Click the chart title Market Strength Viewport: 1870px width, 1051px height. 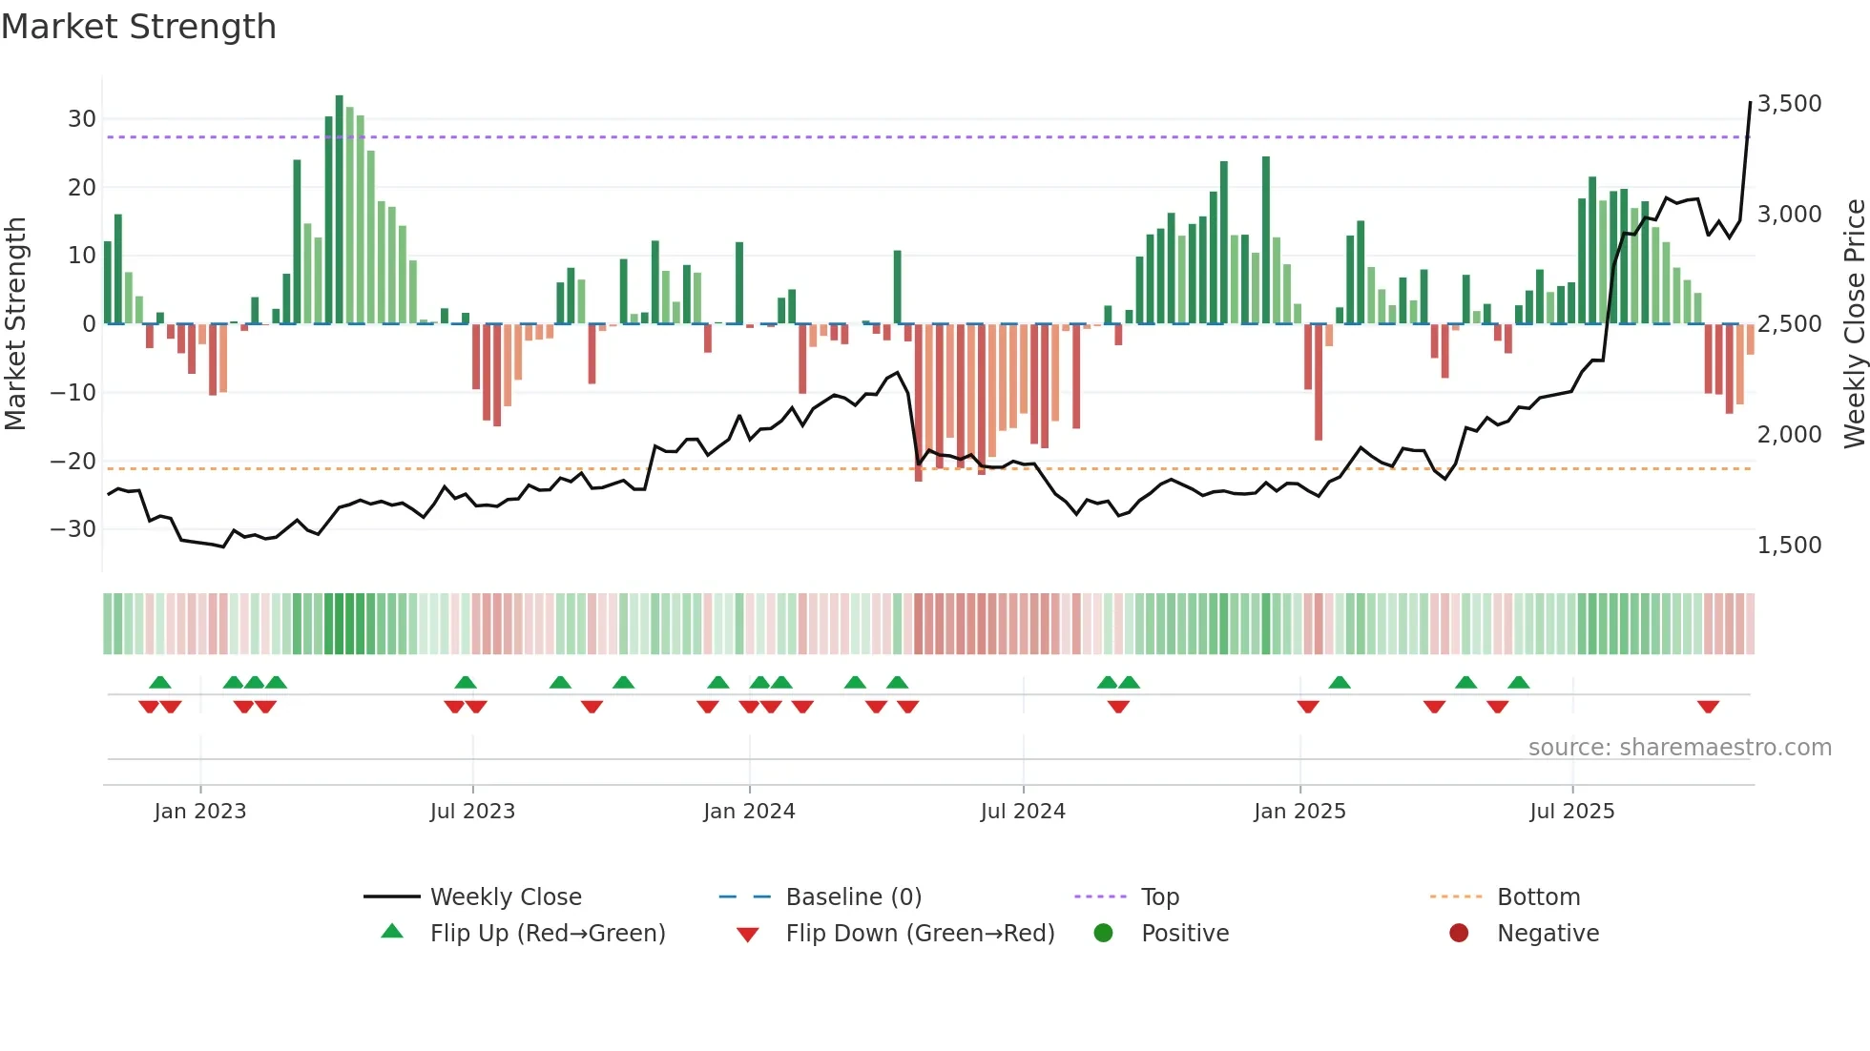point(138,27)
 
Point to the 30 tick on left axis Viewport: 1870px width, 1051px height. point(82,119)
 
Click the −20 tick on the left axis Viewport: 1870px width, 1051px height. point(73,462)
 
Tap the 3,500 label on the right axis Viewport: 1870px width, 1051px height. point(1789,104)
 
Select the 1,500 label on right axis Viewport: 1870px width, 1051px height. point(1789,546)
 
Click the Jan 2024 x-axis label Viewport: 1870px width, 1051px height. point(749,812)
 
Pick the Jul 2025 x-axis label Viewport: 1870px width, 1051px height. point(1571,812)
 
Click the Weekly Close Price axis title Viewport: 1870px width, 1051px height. point(1854,324)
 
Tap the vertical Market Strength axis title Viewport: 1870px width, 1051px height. point(16,324)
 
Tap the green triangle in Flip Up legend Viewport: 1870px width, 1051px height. point(392,932)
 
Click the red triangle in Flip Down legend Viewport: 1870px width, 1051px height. point(748,935)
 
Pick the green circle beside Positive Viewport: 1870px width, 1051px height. point(1103,934)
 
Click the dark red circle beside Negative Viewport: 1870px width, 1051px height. point(1459,934)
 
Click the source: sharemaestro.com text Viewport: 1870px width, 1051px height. point(1679,748)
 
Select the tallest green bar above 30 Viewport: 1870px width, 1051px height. point(340,210)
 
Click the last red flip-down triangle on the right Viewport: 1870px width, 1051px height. point(1708,707)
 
